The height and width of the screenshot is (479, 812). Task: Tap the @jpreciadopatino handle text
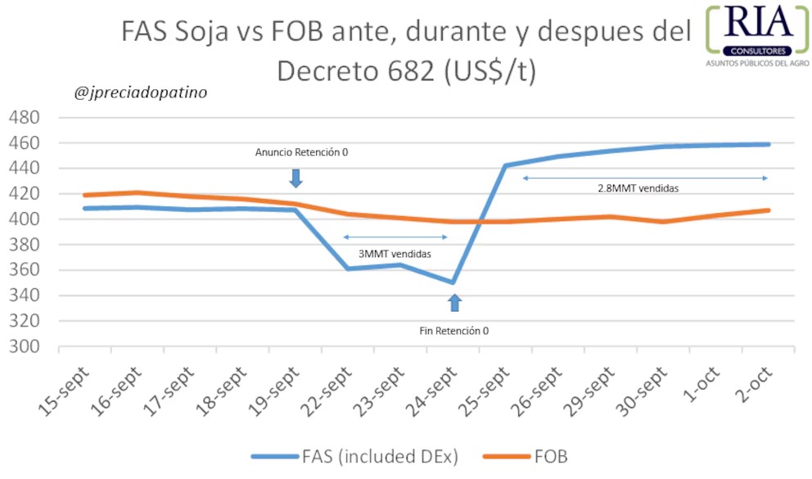(140, 93)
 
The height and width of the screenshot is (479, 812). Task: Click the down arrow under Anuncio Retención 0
(296, 178)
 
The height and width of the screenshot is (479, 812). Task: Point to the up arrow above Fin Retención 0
(455, 302)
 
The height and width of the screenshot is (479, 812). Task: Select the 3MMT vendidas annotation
(395, 254)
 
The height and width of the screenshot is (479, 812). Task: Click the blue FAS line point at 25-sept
(505, 165)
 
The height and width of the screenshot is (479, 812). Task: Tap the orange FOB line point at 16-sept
(138, 193)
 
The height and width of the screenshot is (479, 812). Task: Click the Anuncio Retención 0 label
(295, 152)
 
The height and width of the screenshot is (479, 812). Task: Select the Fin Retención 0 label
(454, 331)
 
